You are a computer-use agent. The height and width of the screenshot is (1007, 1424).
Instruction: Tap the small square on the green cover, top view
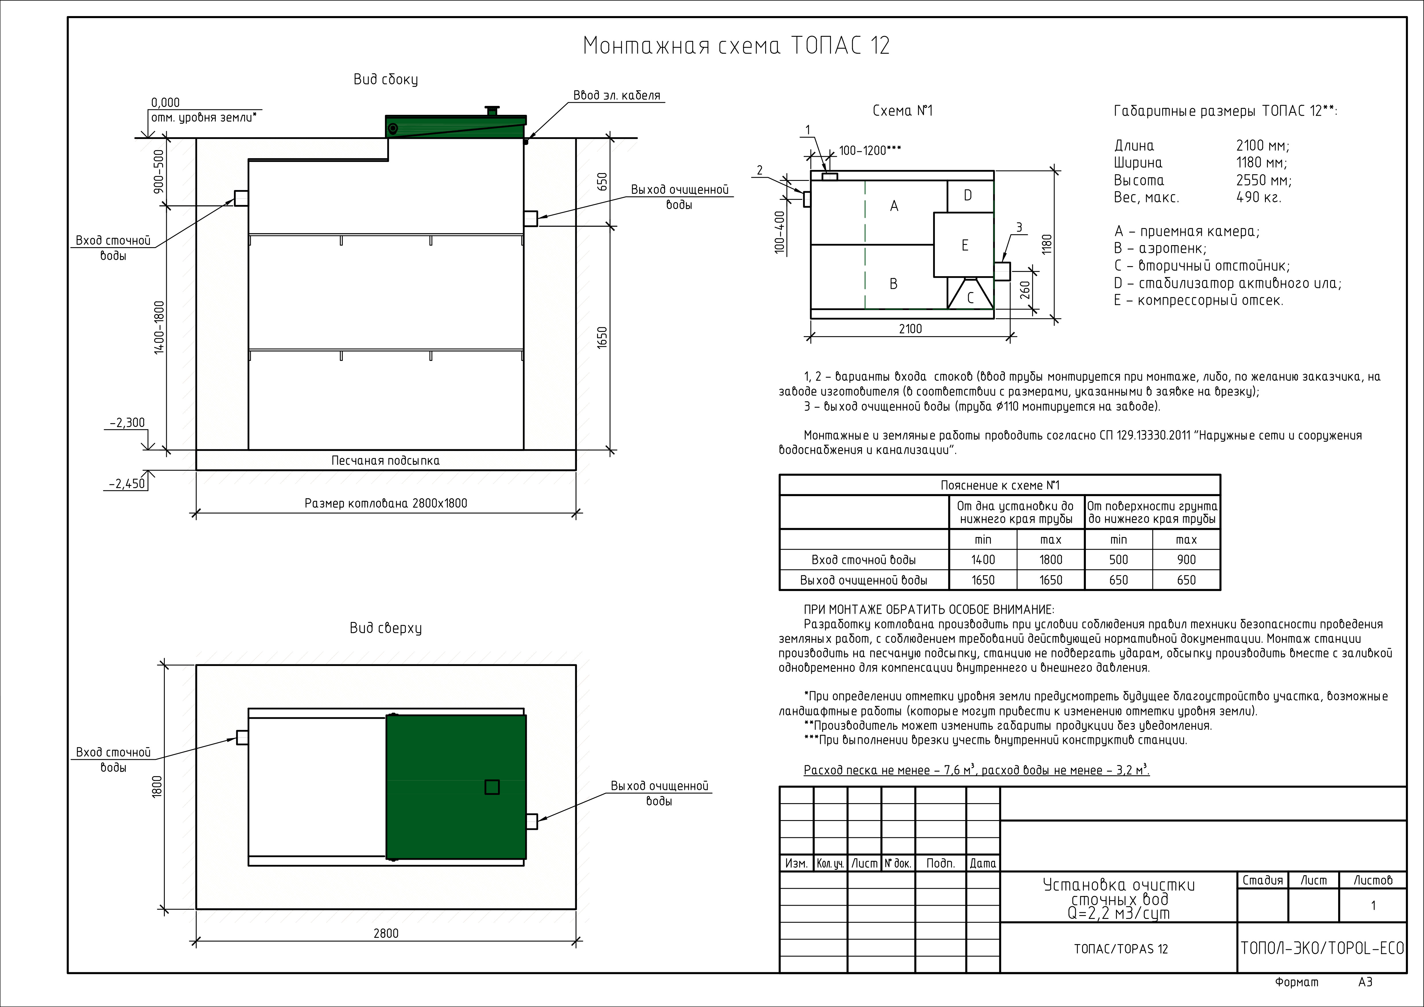pos(492,787)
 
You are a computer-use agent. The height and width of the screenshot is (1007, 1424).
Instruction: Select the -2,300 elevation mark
pos(128,423)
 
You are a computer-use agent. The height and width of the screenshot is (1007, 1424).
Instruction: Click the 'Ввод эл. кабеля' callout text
pos(617,96)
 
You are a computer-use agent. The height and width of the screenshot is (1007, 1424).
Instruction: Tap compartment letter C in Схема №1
pos(971,298)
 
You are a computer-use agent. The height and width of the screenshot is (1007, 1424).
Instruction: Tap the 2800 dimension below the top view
pos(386,933)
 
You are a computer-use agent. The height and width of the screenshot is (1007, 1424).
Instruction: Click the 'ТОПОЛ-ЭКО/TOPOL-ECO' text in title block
pos(1322,948)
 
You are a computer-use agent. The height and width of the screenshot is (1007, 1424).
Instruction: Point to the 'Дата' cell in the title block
pos(983,863)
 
